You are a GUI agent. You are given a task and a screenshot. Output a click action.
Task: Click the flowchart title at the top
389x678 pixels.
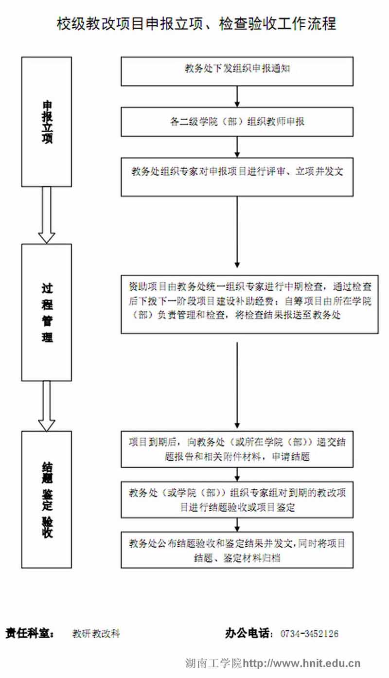coord(196,23)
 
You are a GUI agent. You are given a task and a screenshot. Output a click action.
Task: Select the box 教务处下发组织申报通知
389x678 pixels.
coord(237,71)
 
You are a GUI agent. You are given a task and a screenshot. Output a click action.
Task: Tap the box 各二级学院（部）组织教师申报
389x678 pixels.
coord(237,122)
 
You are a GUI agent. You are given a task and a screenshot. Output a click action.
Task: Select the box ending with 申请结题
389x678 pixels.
coord(237,449)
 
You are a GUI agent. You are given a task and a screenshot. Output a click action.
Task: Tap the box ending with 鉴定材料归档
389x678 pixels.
coord(237,550)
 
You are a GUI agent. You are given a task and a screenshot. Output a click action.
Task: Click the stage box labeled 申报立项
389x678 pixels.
coord(47,122)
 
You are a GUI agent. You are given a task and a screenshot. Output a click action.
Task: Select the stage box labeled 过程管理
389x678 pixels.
coord(47,312)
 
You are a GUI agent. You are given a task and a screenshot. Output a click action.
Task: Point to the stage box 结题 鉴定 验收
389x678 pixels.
coord(47,499)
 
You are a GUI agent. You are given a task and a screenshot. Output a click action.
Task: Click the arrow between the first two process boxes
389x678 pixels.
coord(237,97)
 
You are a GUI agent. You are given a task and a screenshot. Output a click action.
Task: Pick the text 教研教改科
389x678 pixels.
coord(96,634)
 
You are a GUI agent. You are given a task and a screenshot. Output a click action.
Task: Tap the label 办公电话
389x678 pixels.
coord(249,633)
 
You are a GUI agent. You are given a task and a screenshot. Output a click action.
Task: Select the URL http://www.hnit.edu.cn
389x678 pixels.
coord(301,663)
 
